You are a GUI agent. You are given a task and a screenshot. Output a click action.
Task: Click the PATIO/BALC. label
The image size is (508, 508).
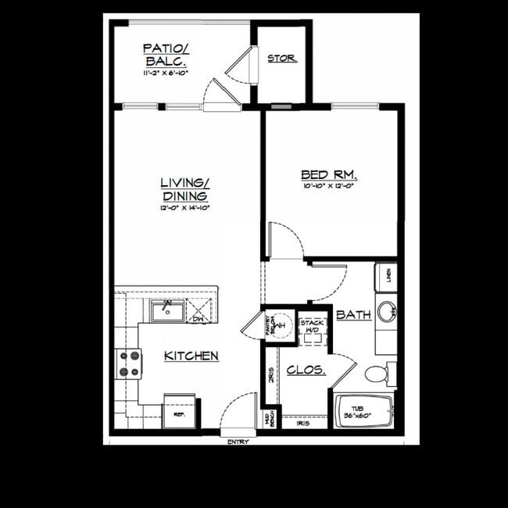(166, 55)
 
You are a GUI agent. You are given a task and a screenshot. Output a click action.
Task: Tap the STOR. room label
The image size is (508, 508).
(281, 59)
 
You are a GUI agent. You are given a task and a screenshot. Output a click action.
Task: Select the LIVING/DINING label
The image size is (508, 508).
(184, 189)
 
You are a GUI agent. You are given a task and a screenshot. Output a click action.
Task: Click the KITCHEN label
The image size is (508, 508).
(191, 356)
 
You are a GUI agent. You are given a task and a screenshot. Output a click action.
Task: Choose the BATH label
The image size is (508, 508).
(352, 314)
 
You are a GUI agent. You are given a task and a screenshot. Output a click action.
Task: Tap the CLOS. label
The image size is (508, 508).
(306, 370)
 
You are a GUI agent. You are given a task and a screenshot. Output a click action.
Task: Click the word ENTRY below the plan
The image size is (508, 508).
(238, 442)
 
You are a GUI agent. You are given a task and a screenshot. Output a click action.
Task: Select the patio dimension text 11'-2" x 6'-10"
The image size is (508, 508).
(166, 73)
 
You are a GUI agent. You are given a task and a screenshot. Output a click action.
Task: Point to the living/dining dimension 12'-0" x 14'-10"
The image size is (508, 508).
(184, 208)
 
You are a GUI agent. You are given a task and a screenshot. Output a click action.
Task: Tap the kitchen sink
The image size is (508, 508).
(167, 311)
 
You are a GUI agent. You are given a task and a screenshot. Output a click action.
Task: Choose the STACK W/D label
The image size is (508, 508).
(313, 326)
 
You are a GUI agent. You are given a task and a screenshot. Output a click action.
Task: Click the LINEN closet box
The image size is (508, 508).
(387, 276)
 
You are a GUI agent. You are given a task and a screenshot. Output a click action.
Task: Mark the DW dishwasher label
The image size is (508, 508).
(199, 317)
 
